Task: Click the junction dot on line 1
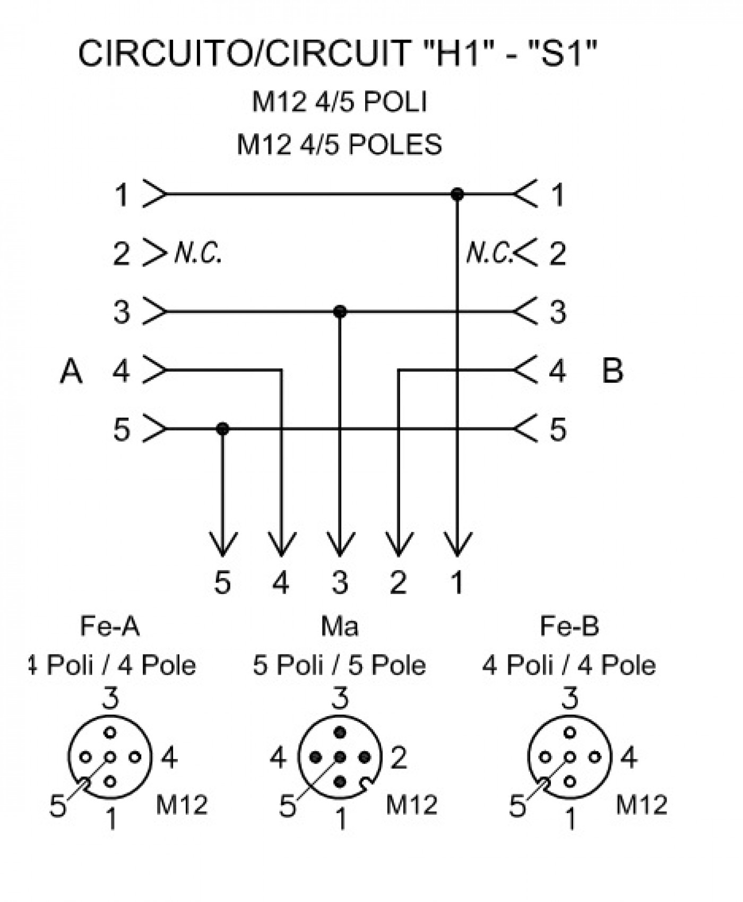(x=457, y=194)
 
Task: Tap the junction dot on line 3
(x=340, y=312)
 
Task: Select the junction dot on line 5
(x=222, y=428)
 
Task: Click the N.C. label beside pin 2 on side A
(x=198, y=253)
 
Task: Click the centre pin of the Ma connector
(x=340, y=757)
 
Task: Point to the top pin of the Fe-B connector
(x=570, y=733)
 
